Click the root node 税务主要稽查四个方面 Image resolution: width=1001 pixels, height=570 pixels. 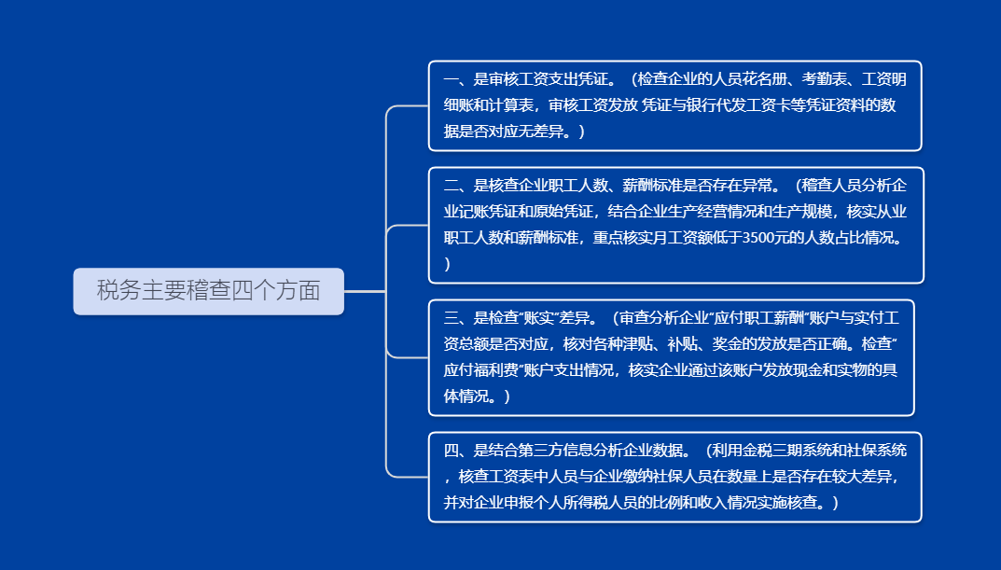(209, 291)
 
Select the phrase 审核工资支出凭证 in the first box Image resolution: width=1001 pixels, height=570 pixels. (549, 79)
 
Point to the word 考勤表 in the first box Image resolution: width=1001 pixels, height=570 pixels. (824, 79)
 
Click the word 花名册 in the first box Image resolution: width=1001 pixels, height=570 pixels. (765, 79)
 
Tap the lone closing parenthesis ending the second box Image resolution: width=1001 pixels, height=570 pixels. (447, 264)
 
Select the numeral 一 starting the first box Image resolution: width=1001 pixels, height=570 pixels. (451, 79)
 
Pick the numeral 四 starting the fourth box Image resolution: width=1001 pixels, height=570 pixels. (451, 450)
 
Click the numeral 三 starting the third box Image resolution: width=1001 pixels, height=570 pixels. (451, 318)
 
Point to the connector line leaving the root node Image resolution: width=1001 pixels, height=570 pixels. (365, 291)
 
